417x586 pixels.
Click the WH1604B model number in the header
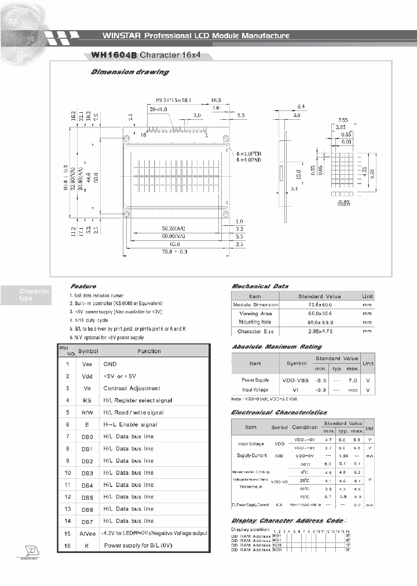click(114, 56)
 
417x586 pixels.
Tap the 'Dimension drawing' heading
click(130, 72)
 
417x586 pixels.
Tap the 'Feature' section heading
click(83, 286)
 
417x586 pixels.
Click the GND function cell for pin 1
click(110, 364)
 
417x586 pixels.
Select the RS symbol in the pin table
click(87, 400)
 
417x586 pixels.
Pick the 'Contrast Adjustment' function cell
click(131, 388)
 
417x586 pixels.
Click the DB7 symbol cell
click(87, 521)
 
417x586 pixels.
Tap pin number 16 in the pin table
click(68, 545)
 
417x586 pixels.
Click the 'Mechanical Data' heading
click(260, 286)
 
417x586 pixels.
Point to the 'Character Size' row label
click(255, 332)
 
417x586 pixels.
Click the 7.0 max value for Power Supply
click(353, 380)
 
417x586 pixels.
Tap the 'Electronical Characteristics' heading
click(279, 412)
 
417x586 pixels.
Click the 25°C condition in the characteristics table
click(304, 481)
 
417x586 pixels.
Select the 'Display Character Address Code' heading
click(287, 521)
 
